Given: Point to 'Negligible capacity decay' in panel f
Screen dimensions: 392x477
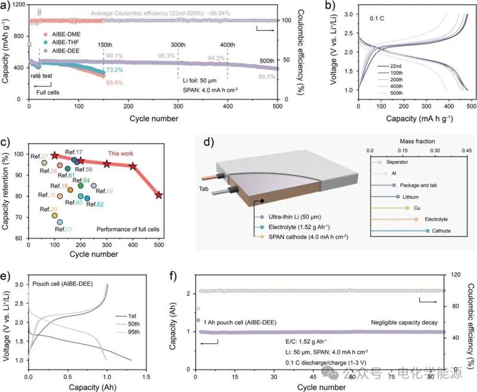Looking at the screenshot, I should (398, 322).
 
